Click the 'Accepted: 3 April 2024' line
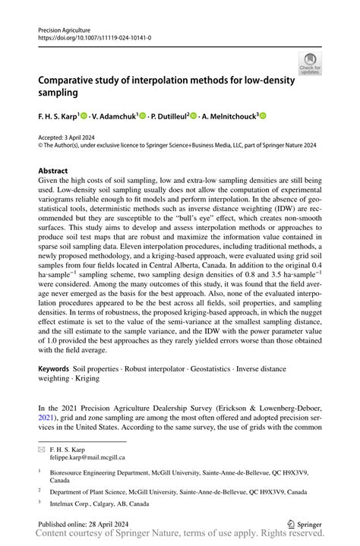coord(69,135)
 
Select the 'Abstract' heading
coord(53,171)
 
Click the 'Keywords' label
coord(55,368)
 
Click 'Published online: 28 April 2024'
coord(84,523)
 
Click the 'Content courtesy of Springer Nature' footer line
coord(180,536)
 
